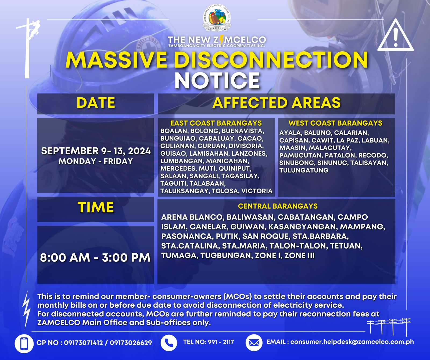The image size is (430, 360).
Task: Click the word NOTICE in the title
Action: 217,80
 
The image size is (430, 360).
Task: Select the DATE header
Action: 96,103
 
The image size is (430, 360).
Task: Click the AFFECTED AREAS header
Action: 277,103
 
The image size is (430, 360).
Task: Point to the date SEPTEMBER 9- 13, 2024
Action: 96,151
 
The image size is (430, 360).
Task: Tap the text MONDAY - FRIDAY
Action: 96,161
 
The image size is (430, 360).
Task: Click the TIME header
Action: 96,207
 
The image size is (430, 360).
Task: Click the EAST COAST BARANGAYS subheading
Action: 216,123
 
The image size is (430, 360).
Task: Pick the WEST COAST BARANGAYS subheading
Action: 335,123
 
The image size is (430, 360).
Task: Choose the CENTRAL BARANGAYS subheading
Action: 278,206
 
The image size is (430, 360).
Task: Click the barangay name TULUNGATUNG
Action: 304,170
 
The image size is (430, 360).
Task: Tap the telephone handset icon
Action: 169,343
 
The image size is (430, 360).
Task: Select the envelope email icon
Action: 254,343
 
